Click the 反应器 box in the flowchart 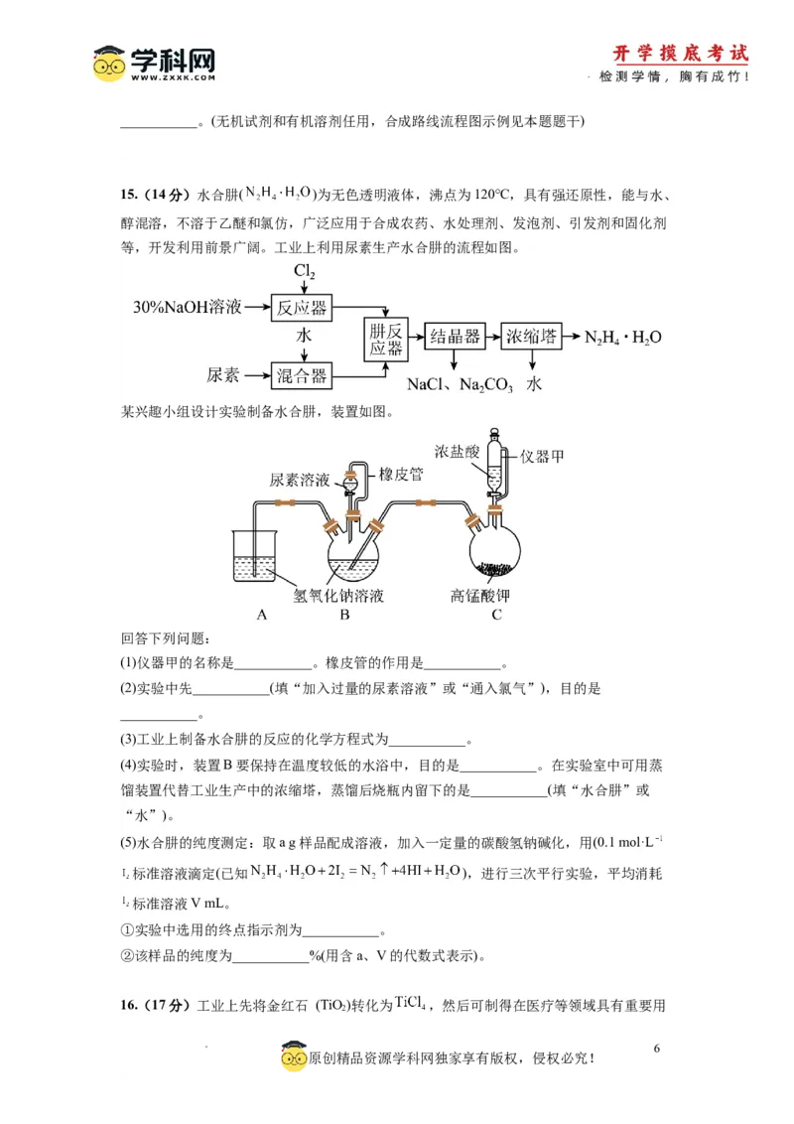303,307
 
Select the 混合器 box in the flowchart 303,375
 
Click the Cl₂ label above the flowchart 304,272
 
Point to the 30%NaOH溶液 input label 188,307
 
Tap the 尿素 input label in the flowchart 223,375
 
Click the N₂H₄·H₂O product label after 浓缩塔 623,337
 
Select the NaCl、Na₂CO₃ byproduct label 460,384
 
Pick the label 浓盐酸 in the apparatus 459,450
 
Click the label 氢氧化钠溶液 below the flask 338,596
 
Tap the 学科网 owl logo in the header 110,65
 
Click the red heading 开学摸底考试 680,54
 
